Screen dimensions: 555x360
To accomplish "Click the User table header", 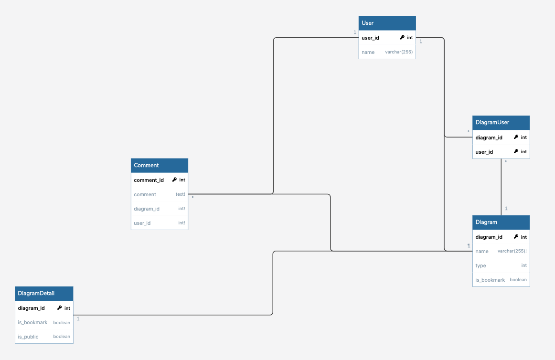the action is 387,23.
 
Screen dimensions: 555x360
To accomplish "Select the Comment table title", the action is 146,165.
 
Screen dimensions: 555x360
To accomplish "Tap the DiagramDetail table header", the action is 44,294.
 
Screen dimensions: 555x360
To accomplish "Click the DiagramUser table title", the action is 492,123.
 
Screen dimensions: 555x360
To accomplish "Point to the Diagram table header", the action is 501,222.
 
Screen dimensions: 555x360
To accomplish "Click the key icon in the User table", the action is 402,38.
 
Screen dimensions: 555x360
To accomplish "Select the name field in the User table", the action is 368,52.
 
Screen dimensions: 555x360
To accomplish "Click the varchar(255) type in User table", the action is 399,52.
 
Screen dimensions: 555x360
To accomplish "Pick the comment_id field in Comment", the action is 149,180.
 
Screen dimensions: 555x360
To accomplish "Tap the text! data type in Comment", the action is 180,194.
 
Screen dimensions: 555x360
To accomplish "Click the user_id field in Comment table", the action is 142,223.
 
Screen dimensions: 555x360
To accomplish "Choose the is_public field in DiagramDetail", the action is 28,337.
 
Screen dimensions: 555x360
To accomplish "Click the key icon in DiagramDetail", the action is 59,308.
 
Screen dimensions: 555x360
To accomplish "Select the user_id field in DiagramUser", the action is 484,152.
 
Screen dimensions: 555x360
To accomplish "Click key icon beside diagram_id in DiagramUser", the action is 516,137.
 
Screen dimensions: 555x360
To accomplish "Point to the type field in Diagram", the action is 480,265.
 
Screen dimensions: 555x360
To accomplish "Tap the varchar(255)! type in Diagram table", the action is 512,251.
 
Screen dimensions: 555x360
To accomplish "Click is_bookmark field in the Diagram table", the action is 490,280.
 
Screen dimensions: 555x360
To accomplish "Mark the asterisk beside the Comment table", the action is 192,197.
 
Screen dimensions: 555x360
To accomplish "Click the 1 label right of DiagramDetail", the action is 78,319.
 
